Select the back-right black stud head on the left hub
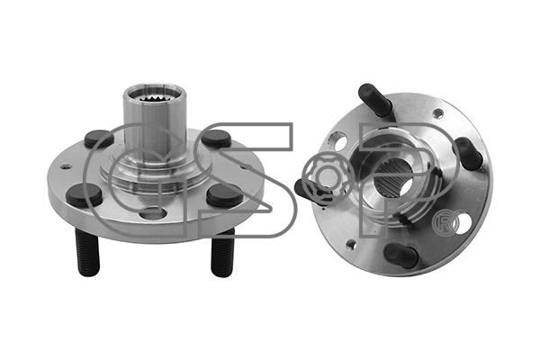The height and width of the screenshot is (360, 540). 216,139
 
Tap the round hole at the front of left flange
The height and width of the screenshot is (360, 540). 153,213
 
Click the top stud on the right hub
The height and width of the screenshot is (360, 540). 375,100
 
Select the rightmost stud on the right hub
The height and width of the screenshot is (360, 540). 467,152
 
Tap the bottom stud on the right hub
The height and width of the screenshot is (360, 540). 400,255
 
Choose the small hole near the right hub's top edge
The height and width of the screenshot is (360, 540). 437,113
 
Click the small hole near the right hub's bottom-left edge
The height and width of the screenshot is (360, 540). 351,244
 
